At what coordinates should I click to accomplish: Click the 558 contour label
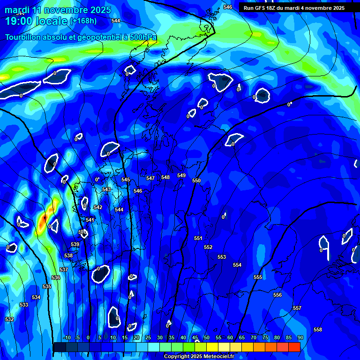tap(318, 330)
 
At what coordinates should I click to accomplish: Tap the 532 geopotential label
tap(9, 319)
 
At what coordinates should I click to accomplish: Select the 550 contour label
tap(196, 180)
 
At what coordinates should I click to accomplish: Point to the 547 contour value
tap(150, 178)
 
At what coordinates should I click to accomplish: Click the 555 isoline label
tap(258, 277)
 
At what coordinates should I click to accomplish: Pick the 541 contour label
tap(90, 219)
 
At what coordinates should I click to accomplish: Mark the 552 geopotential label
tap(208, 247)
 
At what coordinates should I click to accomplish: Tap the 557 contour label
tap(297, 308)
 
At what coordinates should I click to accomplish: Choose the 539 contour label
tap(75, 244)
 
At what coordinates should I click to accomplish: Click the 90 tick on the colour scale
tap(300, 337)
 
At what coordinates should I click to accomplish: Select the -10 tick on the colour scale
tap(67, 337)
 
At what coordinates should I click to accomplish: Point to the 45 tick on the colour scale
tap(195, 337)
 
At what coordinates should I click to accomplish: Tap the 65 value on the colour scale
tap(241, 337)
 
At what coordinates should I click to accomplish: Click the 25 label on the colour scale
tap(148, 337)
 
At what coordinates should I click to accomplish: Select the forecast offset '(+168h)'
tap(83, 21)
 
